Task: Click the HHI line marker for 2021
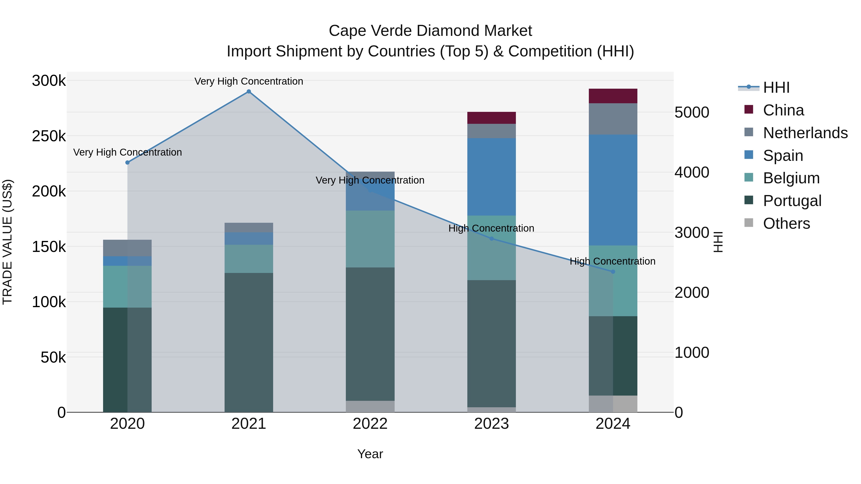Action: [249, 92]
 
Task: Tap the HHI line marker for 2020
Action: [127, 163]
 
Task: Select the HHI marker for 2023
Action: [491, 239]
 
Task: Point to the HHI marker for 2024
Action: [613, 272]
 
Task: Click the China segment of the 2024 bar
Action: [613, 96]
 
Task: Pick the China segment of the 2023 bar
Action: [491, 118]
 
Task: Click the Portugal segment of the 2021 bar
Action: [249, 342]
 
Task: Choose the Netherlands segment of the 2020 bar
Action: [127, 248]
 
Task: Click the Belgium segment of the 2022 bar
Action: [370, 239]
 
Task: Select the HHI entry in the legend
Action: [776, 87]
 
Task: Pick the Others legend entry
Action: [786, 223]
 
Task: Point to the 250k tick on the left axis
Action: [49, 136]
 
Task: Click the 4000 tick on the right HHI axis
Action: [691, 172]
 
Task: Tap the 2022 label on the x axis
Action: [370, 424]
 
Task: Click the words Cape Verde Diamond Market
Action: [430, 31]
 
